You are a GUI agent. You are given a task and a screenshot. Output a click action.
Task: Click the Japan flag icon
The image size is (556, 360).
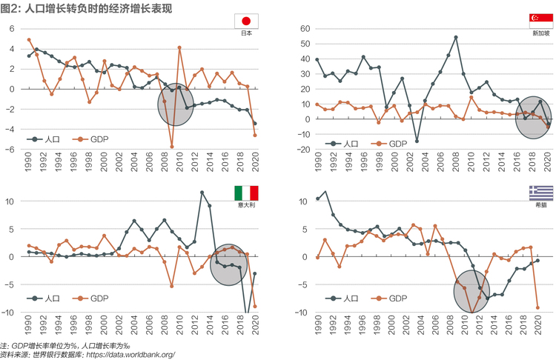246,21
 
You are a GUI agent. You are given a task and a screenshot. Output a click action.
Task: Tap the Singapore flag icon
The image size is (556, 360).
541,21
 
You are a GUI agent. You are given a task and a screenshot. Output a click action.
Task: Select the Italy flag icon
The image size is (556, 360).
246,193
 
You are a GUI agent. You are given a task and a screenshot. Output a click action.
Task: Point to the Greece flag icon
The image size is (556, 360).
541,193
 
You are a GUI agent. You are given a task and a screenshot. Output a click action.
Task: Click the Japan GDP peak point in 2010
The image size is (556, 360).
179,47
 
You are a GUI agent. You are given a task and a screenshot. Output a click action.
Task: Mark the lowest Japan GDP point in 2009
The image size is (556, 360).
172,147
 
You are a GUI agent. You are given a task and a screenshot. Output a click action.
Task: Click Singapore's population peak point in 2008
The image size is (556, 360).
456,37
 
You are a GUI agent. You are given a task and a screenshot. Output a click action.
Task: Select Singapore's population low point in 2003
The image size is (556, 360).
417,141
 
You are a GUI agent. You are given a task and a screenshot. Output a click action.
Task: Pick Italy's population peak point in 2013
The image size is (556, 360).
202,193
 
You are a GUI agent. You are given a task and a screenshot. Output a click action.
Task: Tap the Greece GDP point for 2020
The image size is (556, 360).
537,307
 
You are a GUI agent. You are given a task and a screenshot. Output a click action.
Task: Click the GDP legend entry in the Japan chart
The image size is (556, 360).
90,139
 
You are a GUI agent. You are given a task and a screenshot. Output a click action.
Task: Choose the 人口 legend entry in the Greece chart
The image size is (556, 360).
342,299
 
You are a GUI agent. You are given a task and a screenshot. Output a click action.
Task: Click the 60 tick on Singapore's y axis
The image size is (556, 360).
305,29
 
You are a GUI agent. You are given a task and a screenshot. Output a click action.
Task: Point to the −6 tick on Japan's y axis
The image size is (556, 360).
10,150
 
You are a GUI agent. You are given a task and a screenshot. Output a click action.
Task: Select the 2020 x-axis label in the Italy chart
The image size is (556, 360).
255,325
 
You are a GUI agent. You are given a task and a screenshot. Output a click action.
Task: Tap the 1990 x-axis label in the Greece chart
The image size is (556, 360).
318,325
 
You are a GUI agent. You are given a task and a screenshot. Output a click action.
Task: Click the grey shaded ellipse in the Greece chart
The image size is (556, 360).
471,292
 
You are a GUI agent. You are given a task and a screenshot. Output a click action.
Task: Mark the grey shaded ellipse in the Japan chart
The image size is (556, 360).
176,104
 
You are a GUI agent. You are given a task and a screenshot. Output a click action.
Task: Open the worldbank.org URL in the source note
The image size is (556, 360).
130,354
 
